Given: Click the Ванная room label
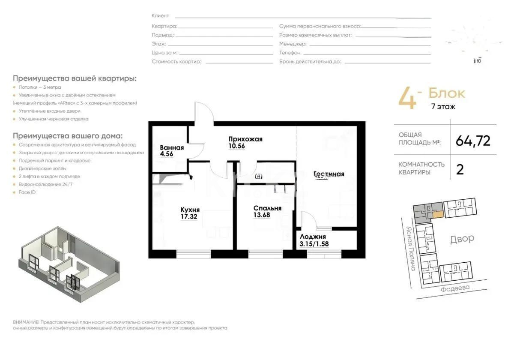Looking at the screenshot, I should pyautogui.click(x=172, y=148).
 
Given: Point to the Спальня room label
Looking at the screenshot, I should pyautogui.click(x=266, y=208).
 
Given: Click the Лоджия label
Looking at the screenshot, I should pyautogui.click(x=313, y=237).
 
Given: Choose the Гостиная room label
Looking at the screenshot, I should pyautogui.click(x=329, y=174).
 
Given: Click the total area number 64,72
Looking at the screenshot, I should pyautogui.click(x=473, y=141).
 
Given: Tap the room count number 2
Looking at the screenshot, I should pyautogui.click(x=460, y=169).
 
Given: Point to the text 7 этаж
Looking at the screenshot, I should pyautogui.click(x=443, y=107).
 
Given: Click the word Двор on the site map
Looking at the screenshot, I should pyautogui.click(x=462, y=238).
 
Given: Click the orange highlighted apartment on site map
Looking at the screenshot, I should pyautogui.click(x=437, y=214).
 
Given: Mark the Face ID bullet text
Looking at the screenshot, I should pyautogui.click(x=27, y=192).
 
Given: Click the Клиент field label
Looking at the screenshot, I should pyautogui.click(x=160, y=16).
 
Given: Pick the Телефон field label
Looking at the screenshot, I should pyautogui.click(x=290, y=53).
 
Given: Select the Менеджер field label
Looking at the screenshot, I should pyautogui.click(x=293, y=44).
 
